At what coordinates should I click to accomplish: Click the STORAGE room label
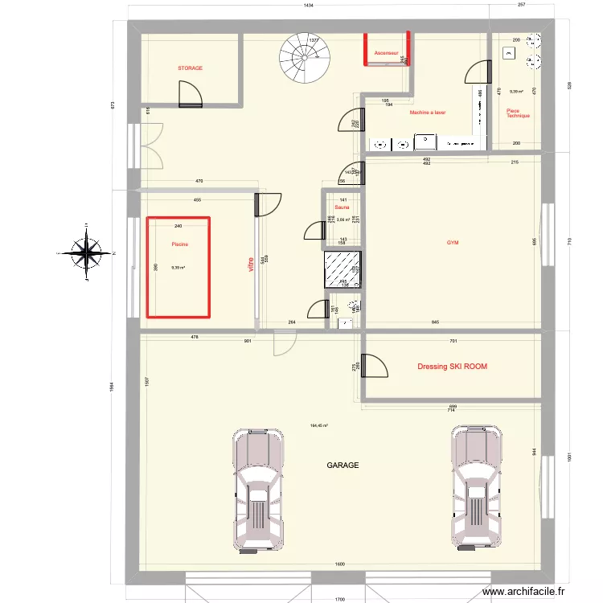(x=191, y=68)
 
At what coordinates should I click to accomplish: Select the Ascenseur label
(x=386, y=53)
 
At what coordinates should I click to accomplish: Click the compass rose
(x=85, y=253)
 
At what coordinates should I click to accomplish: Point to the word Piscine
(x=178, y=244)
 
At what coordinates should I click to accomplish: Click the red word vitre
(x=250, y=265)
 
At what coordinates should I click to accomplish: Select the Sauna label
(x=343, y=207)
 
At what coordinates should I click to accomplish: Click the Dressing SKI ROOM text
(x=452, y=367)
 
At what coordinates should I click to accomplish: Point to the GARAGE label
(x=342, y=466)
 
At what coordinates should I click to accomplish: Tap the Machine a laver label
(x=427, y=113)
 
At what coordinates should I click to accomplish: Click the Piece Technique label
(x=518, y=113)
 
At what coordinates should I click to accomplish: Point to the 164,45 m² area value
(x=321, y=426)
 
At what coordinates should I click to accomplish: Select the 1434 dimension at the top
(x=308, y=6)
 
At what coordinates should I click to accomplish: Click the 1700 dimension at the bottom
(x=341, y=599)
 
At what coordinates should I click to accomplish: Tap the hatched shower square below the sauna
(x=342, y=269)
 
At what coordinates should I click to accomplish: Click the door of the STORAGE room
(x=191, y=95)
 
